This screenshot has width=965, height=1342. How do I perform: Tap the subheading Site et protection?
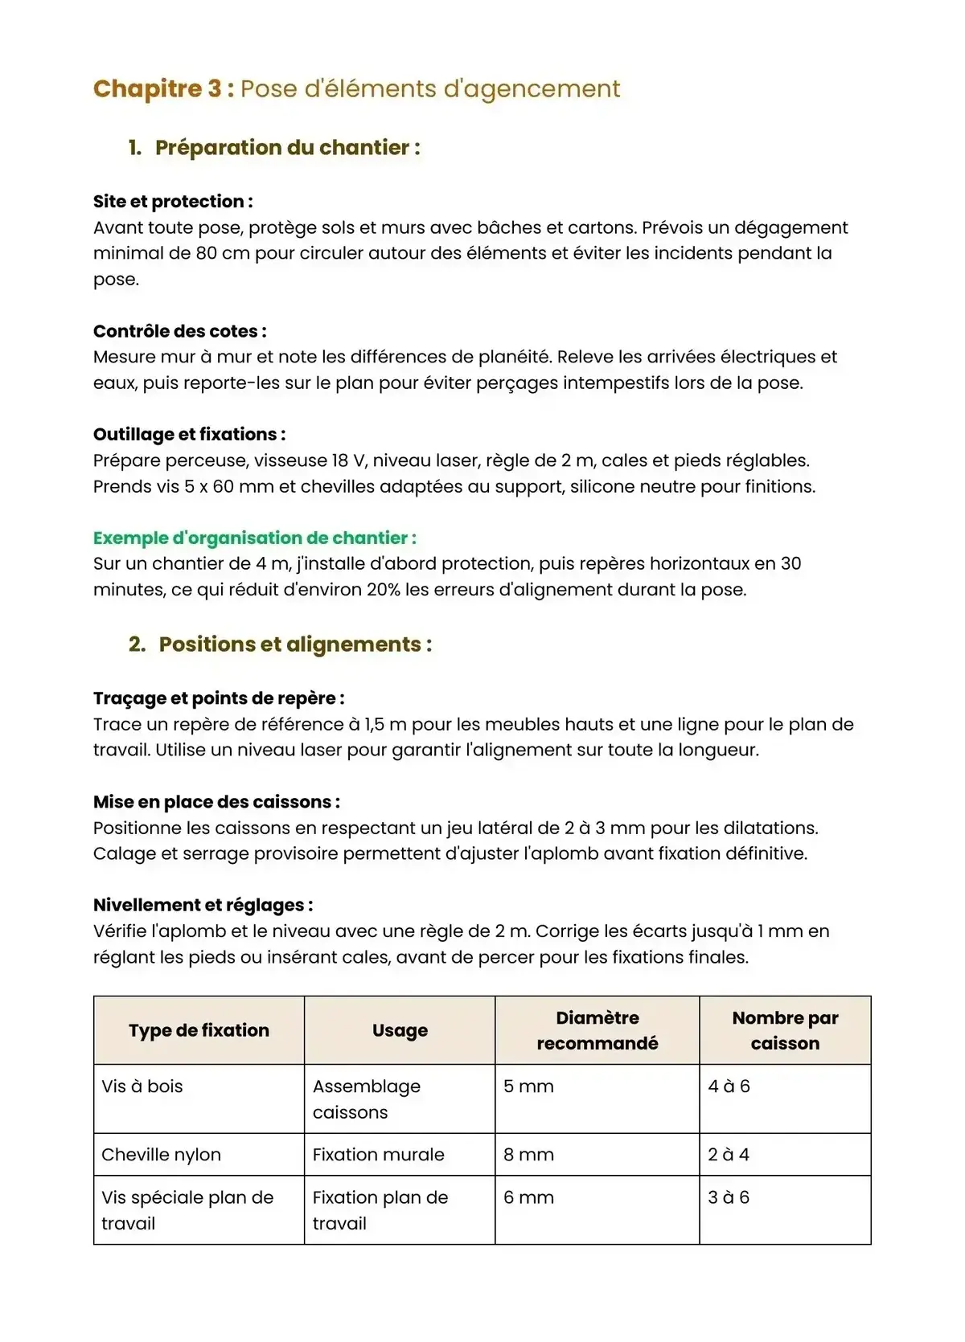click(172, 202)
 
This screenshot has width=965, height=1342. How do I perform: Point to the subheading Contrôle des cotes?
click(179, 331)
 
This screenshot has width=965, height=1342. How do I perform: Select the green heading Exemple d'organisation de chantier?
click(254, 538)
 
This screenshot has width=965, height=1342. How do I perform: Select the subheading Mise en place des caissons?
click(216, 802)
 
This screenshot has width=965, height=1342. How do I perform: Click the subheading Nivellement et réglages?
click(203, 905)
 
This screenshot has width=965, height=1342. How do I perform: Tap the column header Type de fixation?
click(199, 1030)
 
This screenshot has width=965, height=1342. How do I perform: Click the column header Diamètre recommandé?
click(597, 1030)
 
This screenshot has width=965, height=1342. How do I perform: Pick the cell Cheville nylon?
click(161, 1155)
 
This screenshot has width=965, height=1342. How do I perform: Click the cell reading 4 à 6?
click(729, 1086)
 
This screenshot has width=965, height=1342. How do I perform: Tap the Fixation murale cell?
click(378, 1155)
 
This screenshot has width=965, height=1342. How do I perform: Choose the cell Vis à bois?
click(142, 1086)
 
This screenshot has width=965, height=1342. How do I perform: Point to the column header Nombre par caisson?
click(785, 1030)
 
